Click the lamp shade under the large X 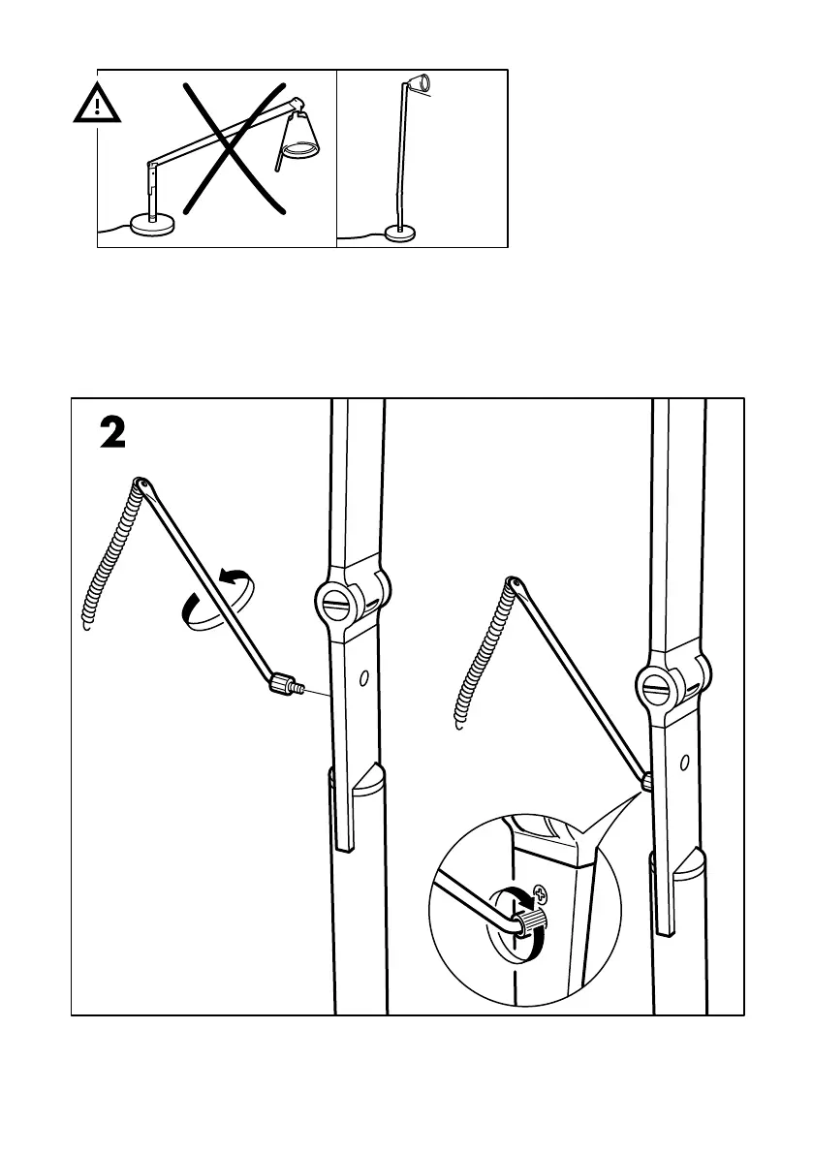tap(298, 139)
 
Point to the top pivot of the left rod tap(141, 482)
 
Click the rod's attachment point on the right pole tap(645, 778)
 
